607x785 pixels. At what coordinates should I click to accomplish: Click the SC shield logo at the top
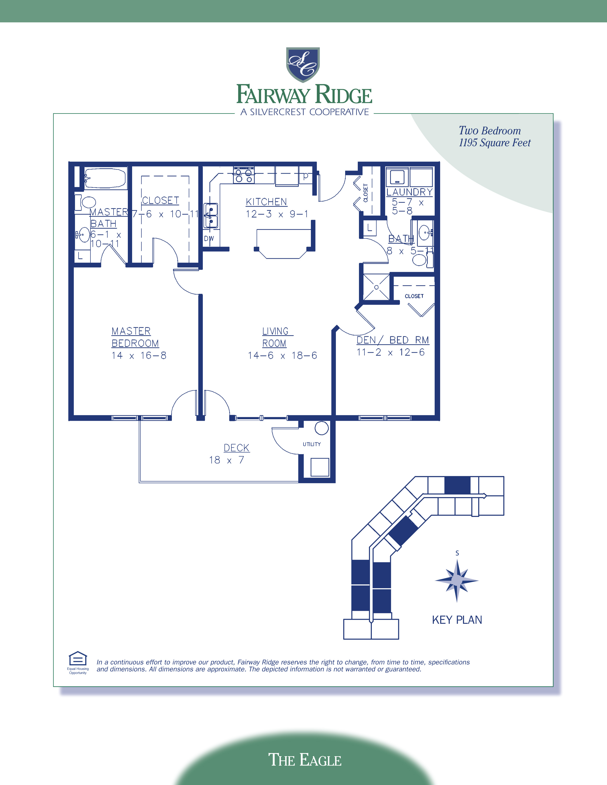pos(303,65)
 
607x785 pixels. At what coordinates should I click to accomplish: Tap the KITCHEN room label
pos(266,202)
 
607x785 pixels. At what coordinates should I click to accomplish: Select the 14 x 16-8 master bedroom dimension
pos(139,355)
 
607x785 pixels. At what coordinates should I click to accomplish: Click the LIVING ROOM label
pos(275,337)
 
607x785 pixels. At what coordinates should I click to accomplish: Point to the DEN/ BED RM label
pos(392,340)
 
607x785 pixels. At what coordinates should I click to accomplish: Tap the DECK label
pos(236,448)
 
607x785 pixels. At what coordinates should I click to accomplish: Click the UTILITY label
pos(311,444)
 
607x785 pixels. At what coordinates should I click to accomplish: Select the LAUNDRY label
pos(409,192)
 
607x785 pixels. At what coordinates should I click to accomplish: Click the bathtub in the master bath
pos(106,178)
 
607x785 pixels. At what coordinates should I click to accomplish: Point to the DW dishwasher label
pos(209,238)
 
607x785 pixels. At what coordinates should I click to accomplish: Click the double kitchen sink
pos(211,216)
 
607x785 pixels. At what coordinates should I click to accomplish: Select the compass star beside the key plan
pos(457,580)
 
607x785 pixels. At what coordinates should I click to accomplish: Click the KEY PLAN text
pos(457,620)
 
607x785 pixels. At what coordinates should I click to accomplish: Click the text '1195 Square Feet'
pos(494,143)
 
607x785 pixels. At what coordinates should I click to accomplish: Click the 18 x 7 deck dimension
pos(227,460)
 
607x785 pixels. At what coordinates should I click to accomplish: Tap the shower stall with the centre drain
pos(376,287)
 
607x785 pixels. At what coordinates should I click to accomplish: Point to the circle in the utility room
pos(322,428)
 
